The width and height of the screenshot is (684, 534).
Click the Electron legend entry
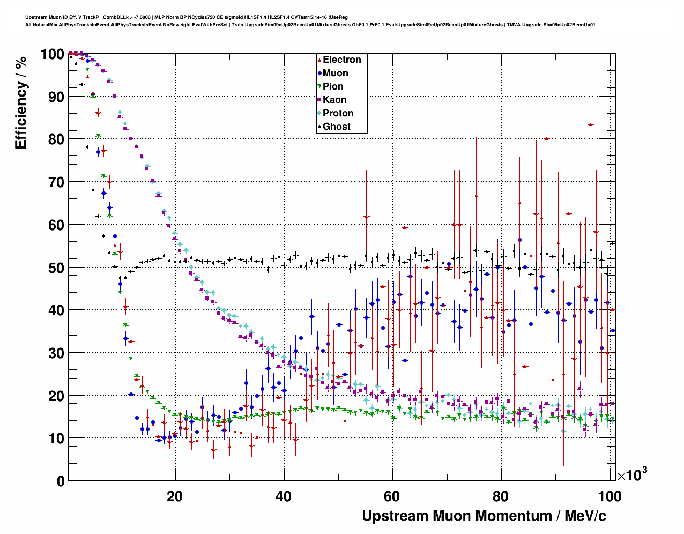pos(341,60)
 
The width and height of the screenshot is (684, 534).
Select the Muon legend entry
pos(335,73)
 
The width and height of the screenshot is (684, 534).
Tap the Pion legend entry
pos(333,86)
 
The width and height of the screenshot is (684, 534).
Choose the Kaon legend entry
pos(334,100)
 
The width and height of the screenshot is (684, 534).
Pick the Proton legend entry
pos(338,113)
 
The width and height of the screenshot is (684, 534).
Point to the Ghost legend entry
pos(336,127)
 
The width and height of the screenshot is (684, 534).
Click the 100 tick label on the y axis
pos(53,54)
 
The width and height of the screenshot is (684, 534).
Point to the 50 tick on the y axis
pos(56,268)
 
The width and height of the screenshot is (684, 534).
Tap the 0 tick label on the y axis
pos(61,481)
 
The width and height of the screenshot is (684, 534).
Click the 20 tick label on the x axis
pos(175,496)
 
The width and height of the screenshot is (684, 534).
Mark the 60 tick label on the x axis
pos(392,496)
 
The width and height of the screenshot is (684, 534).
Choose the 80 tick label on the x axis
pos(501,496)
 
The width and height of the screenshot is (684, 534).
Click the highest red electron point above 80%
pos(591,125)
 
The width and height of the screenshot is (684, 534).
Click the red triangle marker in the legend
pos(319,60)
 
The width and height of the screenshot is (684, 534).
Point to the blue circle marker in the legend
pos(319,73)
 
